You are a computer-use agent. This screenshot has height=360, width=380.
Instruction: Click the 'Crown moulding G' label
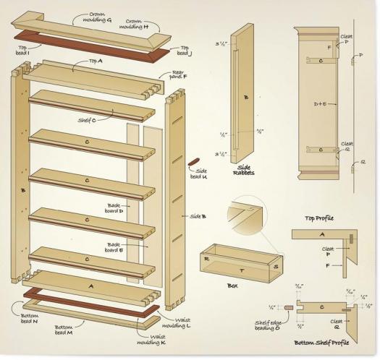96,17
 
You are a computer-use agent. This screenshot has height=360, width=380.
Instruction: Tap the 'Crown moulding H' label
135,25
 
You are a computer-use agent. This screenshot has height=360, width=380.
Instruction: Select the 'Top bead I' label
22,49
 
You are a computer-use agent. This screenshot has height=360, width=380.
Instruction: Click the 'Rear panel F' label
179,74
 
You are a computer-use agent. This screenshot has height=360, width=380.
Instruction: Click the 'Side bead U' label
198,173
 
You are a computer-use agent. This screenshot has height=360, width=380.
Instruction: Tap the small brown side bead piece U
193,160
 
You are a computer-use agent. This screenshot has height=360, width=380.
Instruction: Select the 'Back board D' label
115,207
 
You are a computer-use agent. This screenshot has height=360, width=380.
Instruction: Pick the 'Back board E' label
115,247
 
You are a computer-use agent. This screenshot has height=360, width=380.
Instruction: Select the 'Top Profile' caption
319,217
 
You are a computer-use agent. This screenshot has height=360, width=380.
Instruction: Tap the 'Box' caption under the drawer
232,286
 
